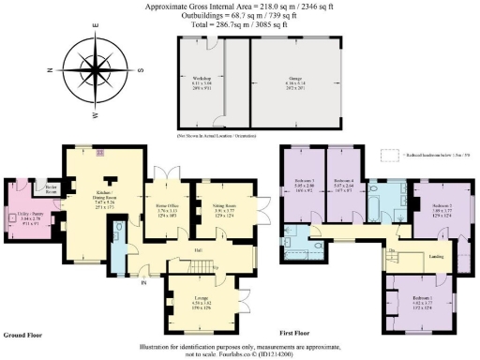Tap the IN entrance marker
pos(144,280)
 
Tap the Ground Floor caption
pos(22,333)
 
